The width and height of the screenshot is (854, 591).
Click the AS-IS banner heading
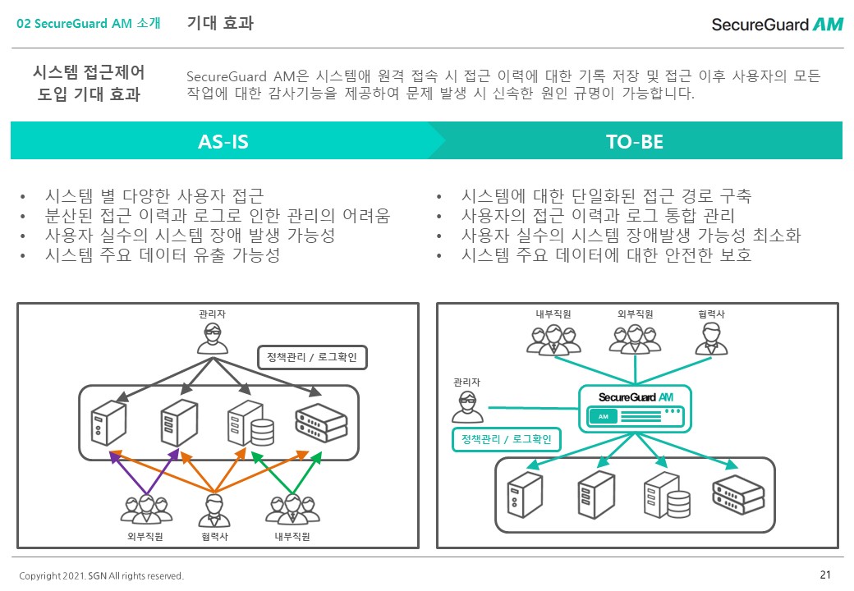point(223,141)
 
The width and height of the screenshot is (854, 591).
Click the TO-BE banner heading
point(635,141)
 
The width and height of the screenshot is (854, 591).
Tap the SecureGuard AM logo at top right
point(777,25)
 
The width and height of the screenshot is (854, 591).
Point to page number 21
point(825,574)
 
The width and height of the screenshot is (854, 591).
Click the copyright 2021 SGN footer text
point(101,575)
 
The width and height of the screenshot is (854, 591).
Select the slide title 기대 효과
point(220,23)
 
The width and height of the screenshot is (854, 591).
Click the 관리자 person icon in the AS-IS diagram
point(213,338)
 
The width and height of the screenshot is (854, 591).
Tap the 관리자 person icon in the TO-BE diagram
point(467,406)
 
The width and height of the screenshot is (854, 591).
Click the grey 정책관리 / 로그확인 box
point(312,358)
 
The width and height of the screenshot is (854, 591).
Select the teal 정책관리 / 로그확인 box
point(507,440)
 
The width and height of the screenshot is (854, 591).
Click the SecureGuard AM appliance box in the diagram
point(635,409)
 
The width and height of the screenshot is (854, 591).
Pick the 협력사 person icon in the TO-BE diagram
point(711,340)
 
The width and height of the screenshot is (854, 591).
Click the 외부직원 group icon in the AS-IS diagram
point(145,510)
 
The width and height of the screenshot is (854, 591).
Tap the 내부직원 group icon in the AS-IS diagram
point(292,510)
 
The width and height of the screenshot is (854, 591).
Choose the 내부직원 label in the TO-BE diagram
point(553,314)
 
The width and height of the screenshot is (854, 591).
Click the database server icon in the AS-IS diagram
point(251,423)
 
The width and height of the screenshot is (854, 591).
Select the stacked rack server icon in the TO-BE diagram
point(738,495)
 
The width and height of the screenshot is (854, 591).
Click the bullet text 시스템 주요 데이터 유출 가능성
point(163,254)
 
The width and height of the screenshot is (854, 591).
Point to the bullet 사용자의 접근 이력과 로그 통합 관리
point(598,216)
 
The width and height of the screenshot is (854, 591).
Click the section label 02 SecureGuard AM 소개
point(89,24)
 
